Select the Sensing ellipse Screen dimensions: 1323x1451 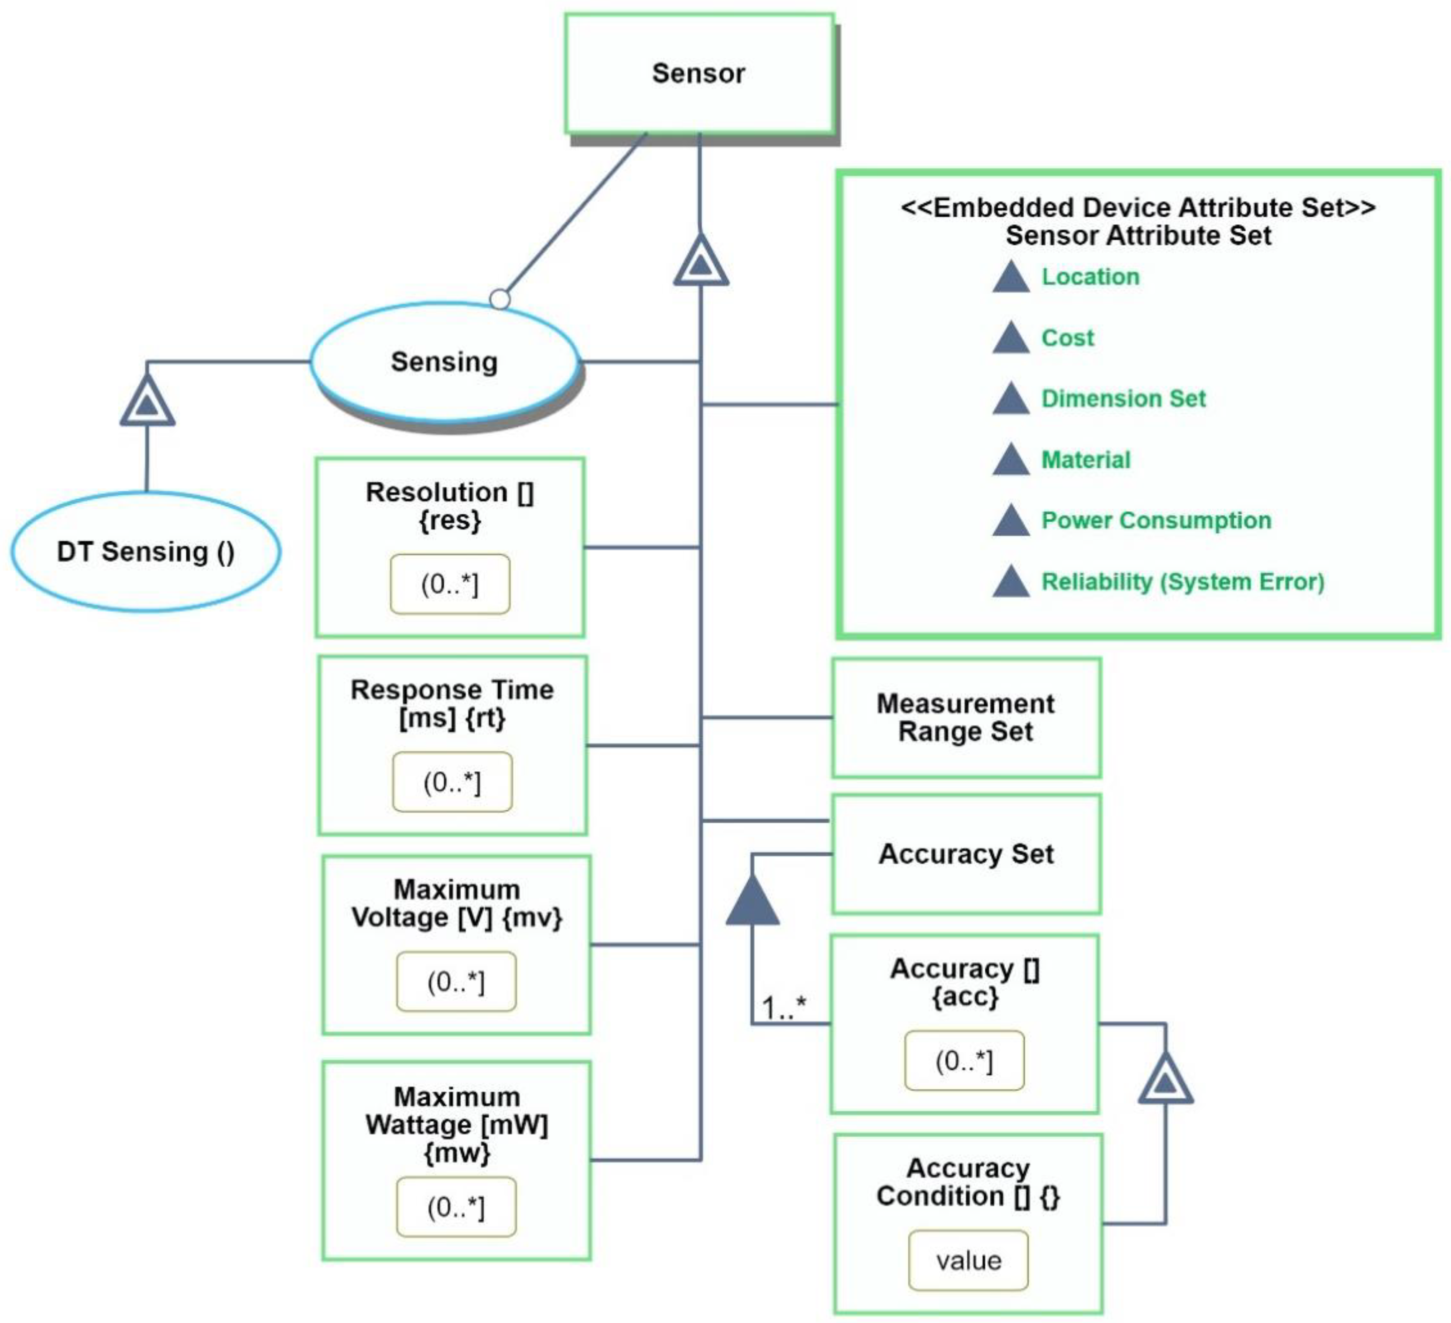[444, 361]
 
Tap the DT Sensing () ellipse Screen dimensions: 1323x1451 [145, 552]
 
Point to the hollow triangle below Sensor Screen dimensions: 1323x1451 [700, 260]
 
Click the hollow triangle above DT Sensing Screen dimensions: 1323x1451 [147, 402]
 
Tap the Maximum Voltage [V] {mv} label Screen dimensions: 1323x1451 [456, 904]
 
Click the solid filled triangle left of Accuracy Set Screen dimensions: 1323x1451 [752, 902]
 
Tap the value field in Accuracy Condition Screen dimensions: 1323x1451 [968, 1261]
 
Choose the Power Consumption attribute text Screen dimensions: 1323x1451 [1156, 520]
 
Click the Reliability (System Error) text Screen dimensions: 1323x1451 [1183, 582]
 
